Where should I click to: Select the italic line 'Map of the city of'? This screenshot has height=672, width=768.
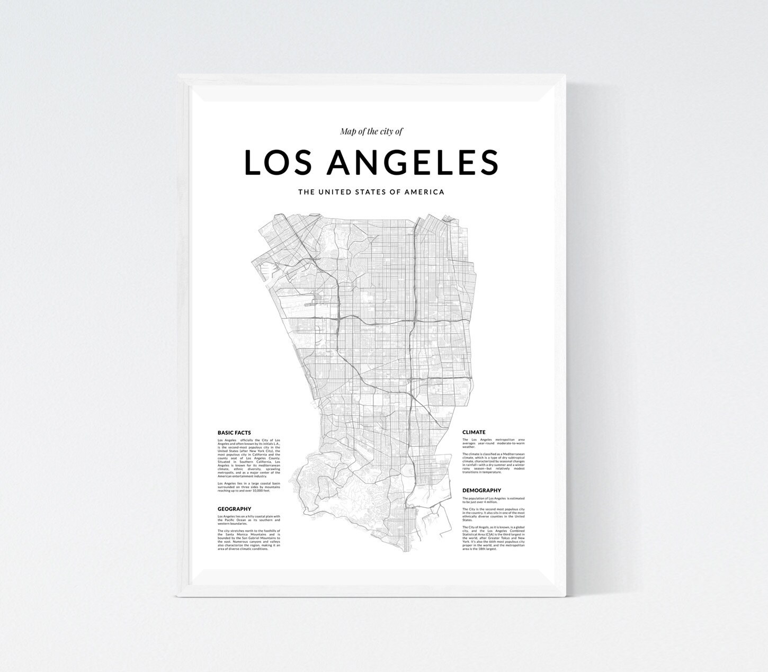(x=371, y=131)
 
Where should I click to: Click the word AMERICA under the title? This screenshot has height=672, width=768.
(x=424, y=192)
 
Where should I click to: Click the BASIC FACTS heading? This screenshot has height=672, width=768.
(x=234, y=433)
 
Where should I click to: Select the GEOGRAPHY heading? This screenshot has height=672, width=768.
(x=234, y=509)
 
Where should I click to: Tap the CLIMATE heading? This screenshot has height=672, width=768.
(x=474, y=432)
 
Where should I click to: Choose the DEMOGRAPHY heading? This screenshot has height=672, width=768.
(x=481, y=490)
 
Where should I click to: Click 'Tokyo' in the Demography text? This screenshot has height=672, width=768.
(x=504, y=538)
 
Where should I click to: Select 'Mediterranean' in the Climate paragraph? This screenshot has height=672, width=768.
(x=513, y=454)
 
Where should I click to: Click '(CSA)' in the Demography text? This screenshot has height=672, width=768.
(x=490, y=534)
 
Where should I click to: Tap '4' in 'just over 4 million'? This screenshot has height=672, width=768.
(x=485, y=502)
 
